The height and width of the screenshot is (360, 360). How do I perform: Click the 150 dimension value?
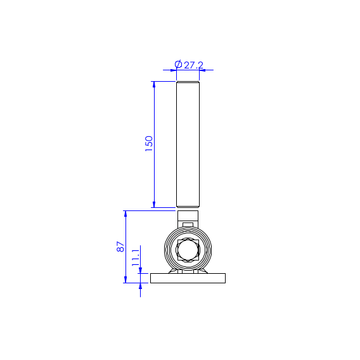pyautogui.click(x=149, y=143)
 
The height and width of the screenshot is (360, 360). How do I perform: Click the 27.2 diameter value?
pyautogui.click(x=194, y=65)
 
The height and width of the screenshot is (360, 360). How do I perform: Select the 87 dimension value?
pyautogui.click(x=120, y=247)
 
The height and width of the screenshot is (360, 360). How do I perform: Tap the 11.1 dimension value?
pyautogui.click(x=136, y=258)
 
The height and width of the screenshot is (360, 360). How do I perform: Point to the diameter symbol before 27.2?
pyautogui.click(x=178, y=64)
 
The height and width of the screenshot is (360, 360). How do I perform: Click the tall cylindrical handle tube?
pyautogui.click(x=188, y=145)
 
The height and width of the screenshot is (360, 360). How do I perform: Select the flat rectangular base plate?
pyautogui.click(x=188, y=278)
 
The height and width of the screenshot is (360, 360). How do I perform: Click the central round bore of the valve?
pyautogui.click(x=188, y=250)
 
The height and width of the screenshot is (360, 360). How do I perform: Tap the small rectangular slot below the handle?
pyautogui.click(x=188, y=225)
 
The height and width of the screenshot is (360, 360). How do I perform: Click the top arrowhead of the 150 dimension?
pyautogui.click(x=154, y=84)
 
